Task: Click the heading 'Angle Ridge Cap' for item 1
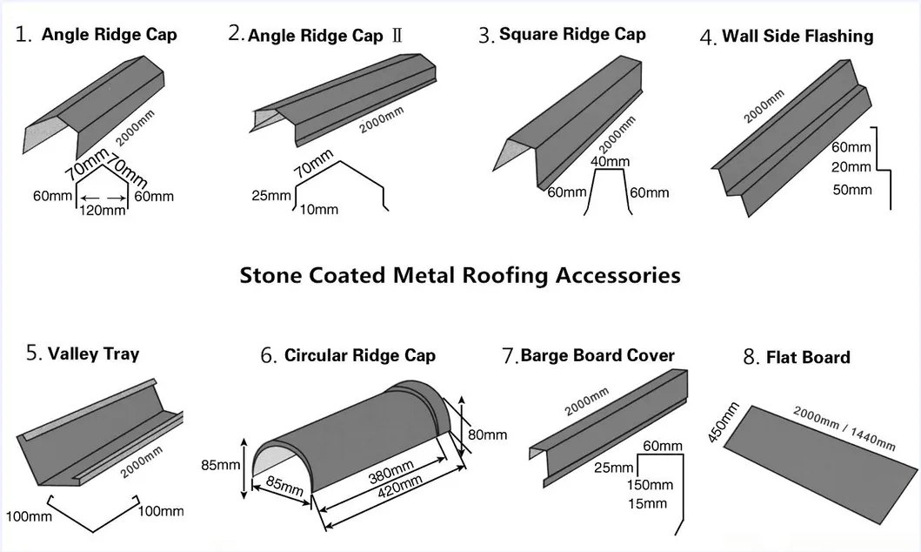click(109, 35)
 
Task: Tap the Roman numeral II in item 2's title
click(397, 37)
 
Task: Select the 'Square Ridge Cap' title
click(572, 34)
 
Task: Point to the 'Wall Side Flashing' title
click(798, 36)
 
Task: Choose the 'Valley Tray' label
click(93, 353)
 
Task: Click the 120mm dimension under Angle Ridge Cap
click(102, 211)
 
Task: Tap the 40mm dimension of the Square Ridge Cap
click(610, 162)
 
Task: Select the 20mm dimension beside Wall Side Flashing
click(851, 167)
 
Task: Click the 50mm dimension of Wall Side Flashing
click(851, 190)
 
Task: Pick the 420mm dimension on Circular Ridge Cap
click(380, 484)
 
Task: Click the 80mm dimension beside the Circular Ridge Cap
click(488, 434)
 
